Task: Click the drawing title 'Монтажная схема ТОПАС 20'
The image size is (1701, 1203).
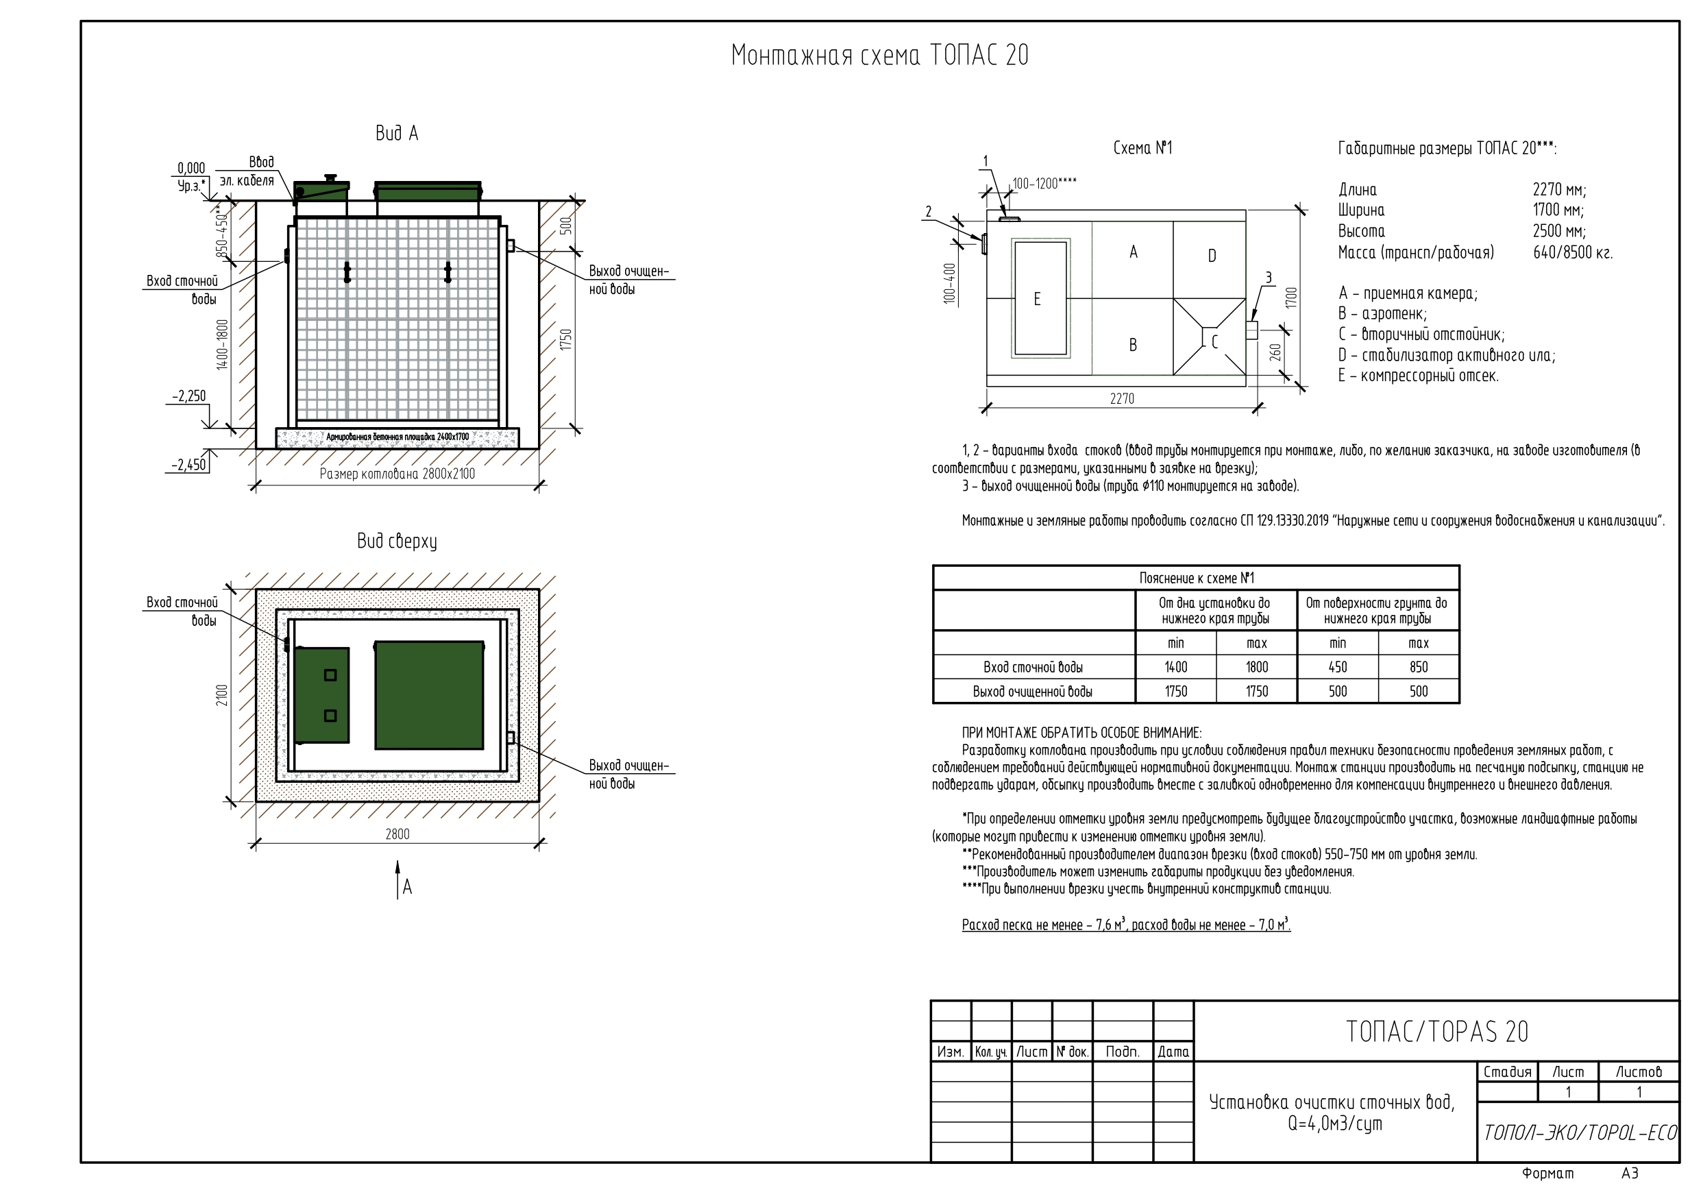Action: point(879,56)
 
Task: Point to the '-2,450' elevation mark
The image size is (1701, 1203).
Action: point(189,465)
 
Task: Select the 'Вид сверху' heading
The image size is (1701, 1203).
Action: point(397,542)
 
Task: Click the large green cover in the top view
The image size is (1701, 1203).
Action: point(429,695)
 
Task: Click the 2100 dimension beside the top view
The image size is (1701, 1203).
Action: point(221,695)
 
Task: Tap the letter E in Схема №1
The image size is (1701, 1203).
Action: point(1037,299)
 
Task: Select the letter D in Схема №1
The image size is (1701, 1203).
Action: point(1212,256)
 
